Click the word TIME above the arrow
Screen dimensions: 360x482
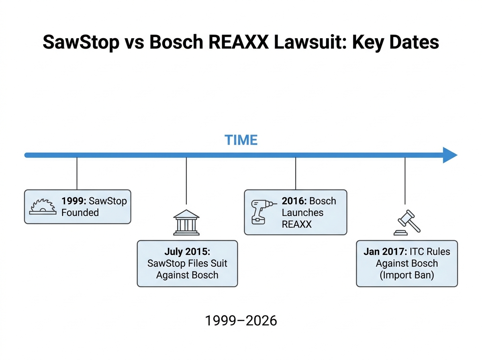[241, 140]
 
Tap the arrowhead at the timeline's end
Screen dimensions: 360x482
[450, 155]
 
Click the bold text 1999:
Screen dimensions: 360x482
[74, 201]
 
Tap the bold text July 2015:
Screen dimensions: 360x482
[187, 252]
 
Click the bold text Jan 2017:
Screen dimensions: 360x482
[385, 252]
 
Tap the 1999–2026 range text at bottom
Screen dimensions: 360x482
[241, 321]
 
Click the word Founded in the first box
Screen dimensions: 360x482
[80, 212]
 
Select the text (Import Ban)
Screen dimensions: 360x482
[407, 276]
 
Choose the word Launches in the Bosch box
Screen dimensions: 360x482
[302, 213]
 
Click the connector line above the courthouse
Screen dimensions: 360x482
[186, 181]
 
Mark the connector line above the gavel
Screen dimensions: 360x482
[405, 181]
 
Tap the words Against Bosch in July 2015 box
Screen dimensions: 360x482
[187, 275]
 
